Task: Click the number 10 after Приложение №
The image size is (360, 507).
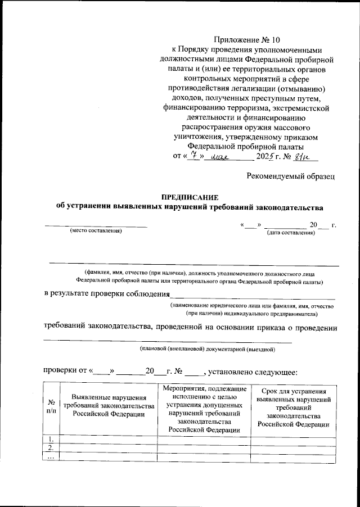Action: click(272, 40)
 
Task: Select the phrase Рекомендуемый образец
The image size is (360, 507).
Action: click(291, 176)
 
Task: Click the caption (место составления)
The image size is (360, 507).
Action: click(96, 231)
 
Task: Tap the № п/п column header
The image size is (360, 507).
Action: click(51, 406)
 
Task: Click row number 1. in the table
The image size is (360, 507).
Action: click(51, 439)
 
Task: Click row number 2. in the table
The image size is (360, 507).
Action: click(51, 448)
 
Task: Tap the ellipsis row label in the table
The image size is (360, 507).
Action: click(51, 456)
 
